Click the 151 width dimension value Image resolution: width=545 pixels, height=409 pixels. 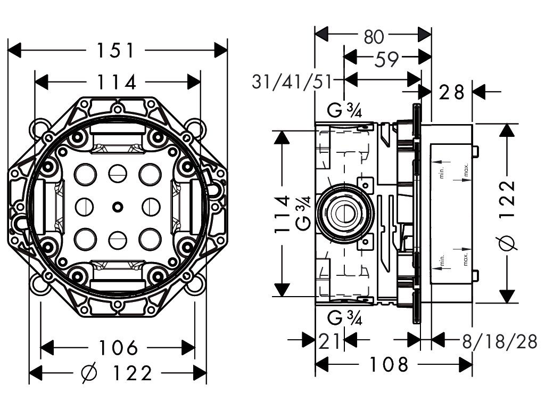[115, 51]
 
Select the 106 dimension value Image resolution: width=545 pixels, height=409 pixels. [118, 347]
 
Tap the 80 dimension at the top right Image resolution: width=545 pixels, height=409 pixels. [374, 37]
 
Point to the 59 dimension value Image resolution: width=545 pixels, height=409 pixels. [386, 60]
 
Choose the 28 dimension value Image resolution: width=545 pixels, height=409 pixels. [451, 93]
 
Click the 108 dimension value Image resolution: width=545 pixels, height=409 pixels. [388, 364]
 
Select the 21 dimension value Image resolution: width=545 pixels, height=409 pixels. [329, 342]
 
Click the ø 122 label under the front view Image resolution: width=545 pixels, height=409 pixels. [117, 373]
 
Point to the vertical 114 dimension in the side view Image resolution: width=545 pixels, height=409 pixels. [282, 214]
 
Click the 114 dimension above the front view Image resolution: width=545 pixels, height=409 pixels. [116, 83]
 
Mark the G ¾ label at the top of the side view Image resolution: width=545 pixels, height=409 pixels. [344, 111]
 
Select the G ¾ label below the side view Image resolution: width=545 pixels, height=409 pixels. [344, 317]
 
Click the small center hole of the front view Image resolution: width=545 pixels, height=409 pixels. [118, 207]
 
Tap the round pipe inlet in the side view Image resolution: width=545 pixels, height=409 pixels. [344, 213]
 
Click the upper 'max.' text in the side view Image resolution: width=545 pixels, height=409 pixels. [466, 170]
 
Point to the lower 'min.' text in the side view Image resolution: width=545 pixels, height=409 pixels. [442, 260]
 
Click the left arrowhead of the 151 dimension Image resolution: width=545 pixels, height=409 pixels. [14, 51]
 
